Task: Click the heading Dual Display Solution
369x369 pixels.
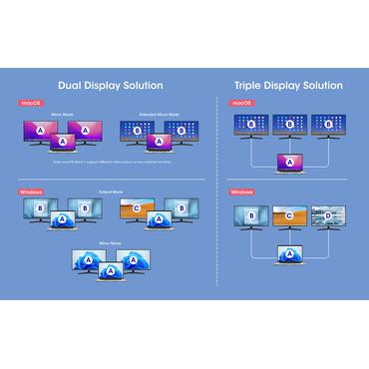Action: (x=111, y=86)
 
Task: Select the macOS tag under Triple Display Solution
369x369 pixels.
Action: (x=242, y=103)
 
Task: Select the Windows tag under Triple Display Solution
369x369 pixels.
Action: (x=243, y=190)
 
